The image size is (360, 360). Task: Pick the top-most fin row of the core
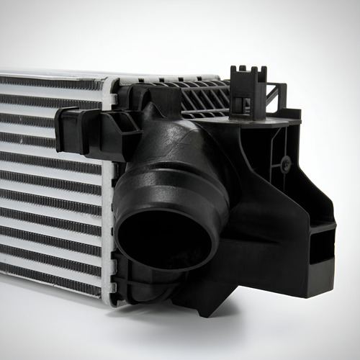[x=50, y=81]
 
